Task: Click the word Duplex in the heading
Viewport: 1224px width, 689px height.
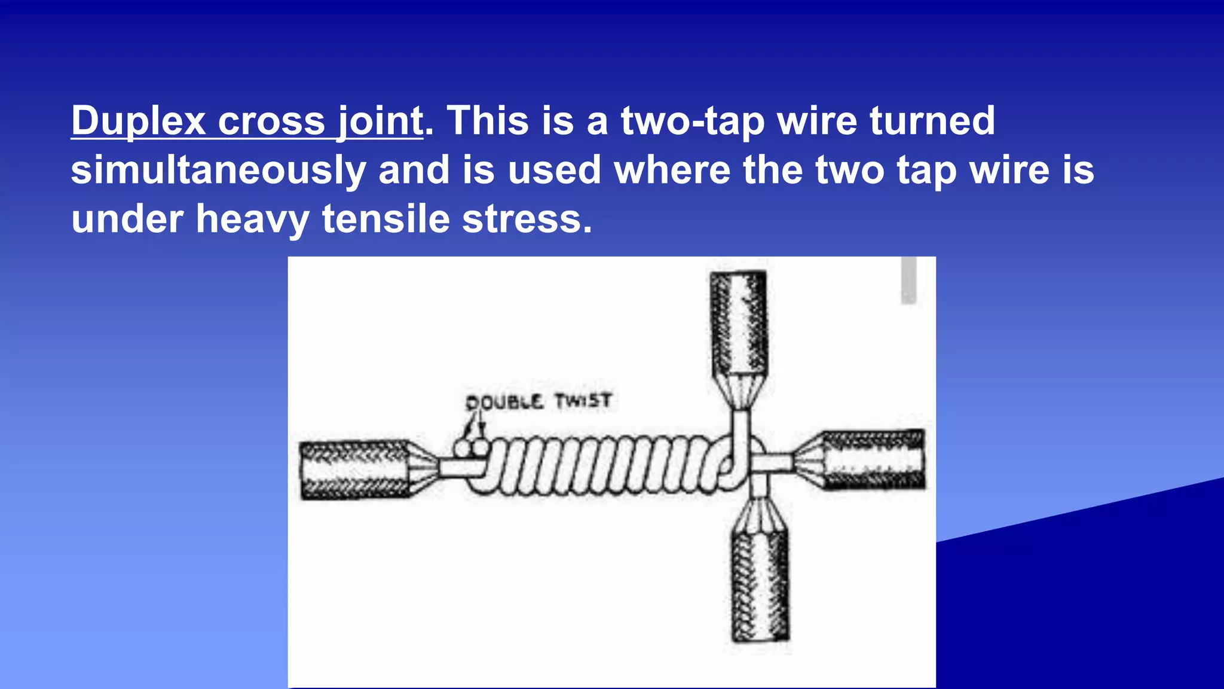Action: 139,121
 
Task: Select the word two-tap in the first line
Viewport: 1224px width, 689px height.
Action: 693,121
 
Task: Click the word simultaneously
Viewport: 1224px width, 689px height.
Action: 218,170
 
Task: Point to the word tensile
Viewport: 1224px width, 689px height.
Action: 386,219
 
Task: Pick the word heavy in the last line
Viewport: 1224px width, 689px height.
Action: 252,219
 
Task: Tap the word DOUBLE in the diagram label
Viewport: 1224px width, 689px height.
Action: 504,402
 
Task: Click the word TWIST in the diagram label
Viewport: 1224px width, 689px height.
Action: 583,400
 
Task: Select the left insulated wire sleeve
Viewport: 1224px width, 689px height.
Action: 356,470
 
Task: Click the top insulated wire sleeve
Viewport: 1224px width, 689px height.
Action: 738,323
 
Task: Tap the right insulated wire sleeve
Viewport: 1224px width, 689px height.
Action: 874,459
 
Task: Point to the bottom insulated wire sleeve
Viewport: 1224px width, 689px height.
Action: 760,586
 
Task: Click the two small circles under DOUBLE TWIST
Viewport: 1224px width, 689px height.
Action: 471,447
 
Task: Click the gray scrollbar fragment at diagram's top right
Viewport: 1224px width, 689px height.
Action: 908,280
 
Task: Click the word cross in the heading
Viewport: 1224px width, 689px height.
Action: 271,121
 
